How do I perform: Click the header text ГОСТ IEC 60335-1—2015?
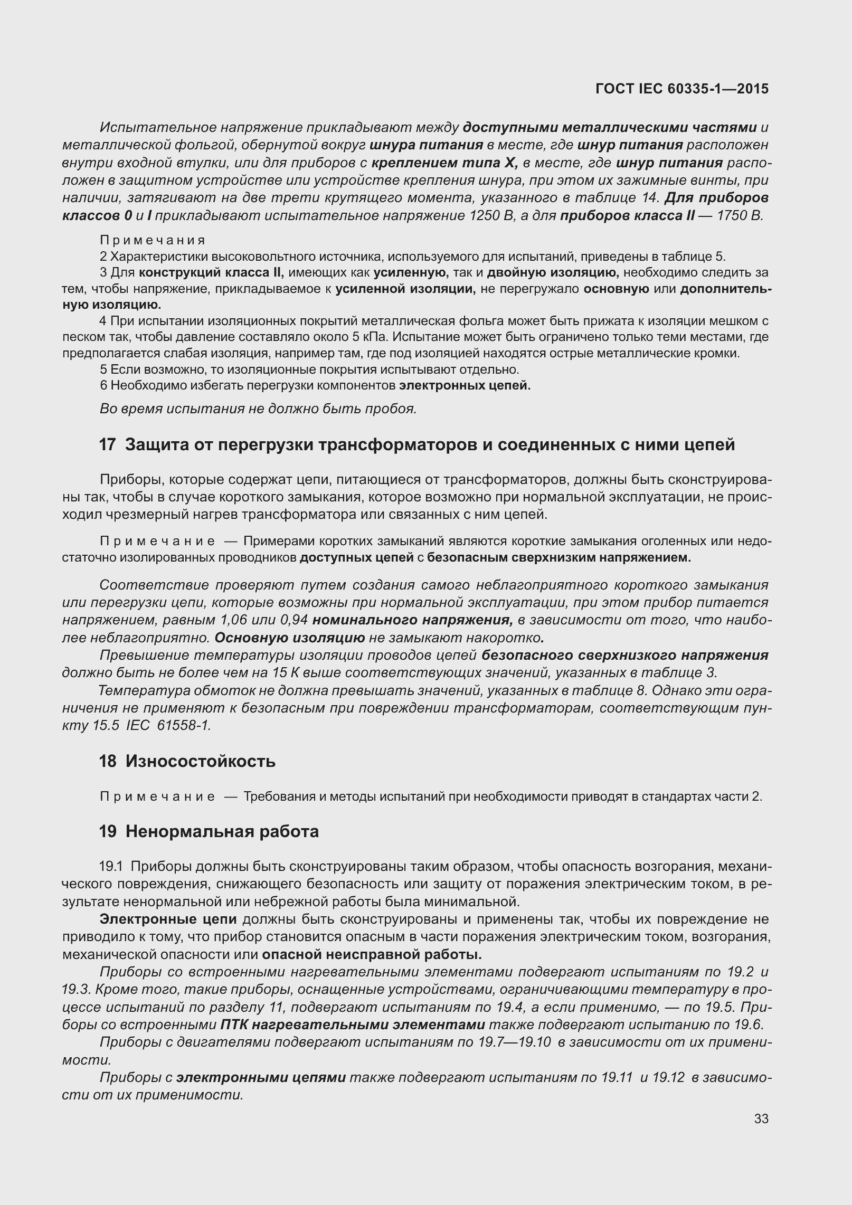coord(681,89)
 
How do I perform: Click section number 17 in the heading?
coord(107,445)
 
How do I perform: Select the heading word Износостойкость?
coord(201,762)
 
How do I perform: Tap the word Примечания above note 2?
coord(153,241)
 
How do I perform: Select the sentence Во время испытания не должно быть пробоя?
coord(258,409)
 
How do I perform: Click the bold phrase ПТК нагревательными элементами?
coord(353,1025)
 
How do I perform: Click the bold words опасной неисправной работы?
coord(372,955)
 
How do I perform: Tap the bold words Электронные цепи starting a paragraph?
coord(168,919)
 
